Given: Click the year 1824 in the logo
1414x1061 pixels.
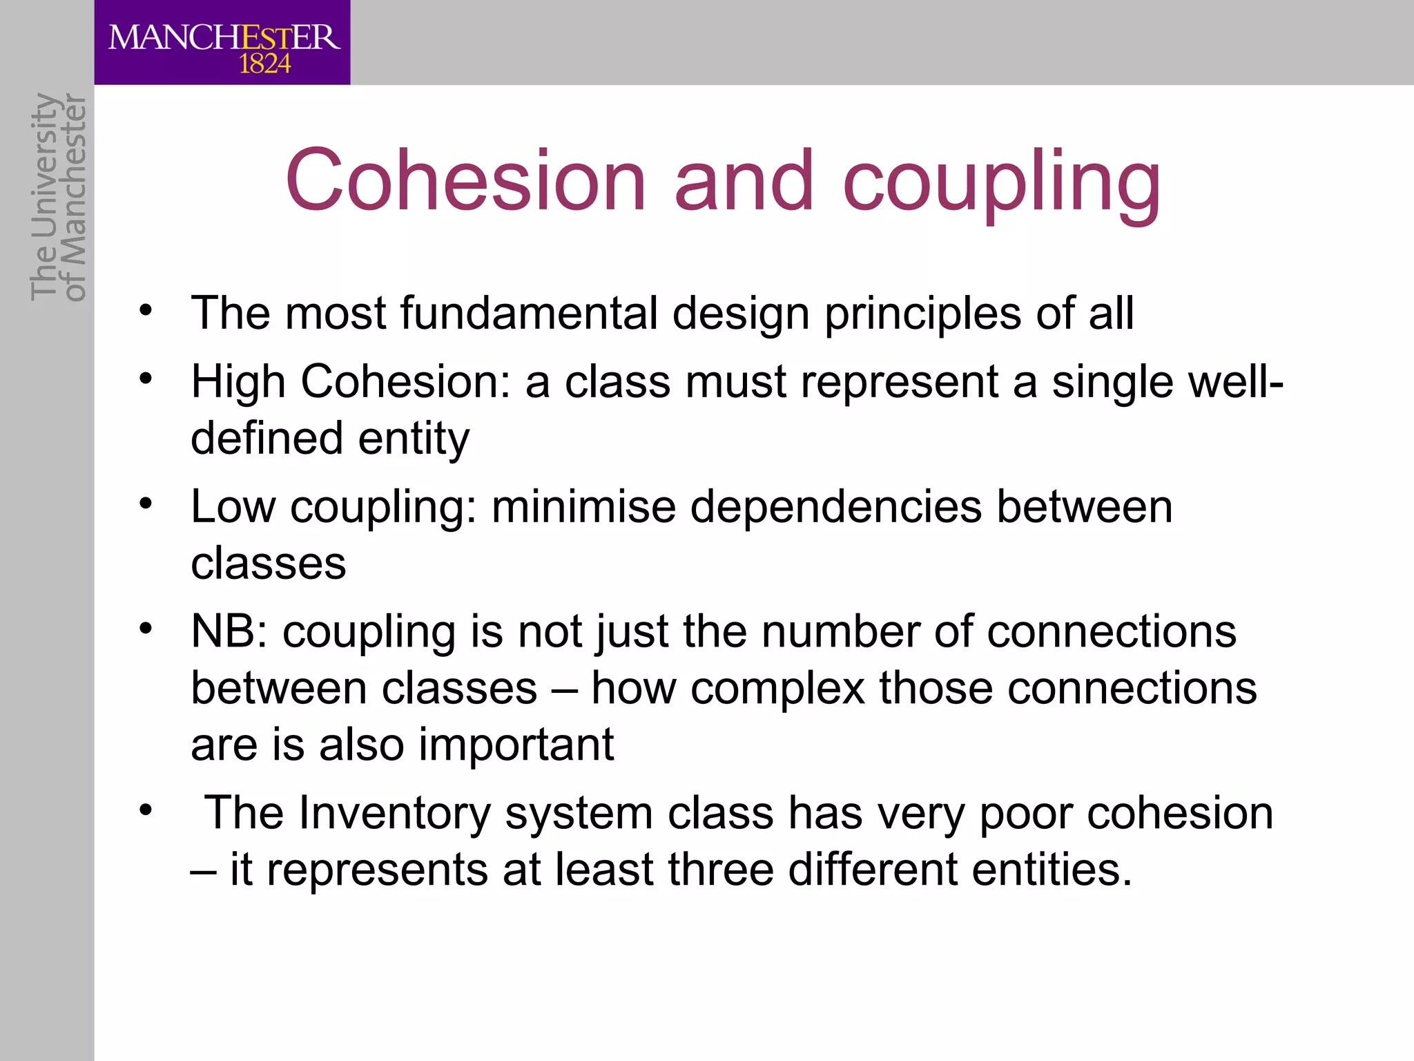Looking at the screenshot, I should point(264,64).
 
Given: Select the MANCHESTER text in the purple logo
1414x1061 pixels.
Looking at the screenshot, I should point(224,37).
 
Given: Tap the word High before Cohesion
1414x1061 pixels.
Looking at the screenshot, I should point(238,382).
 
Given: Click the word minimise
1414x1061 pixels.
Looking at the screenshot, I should point(583,507).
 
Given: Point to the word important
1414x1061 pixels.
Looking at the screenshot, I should point(516,745).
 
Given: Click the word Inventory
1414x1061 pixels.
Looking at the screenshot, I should point(394,813).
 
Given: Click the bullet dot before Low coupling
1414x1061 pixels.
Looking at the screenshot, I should point(144,504).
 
